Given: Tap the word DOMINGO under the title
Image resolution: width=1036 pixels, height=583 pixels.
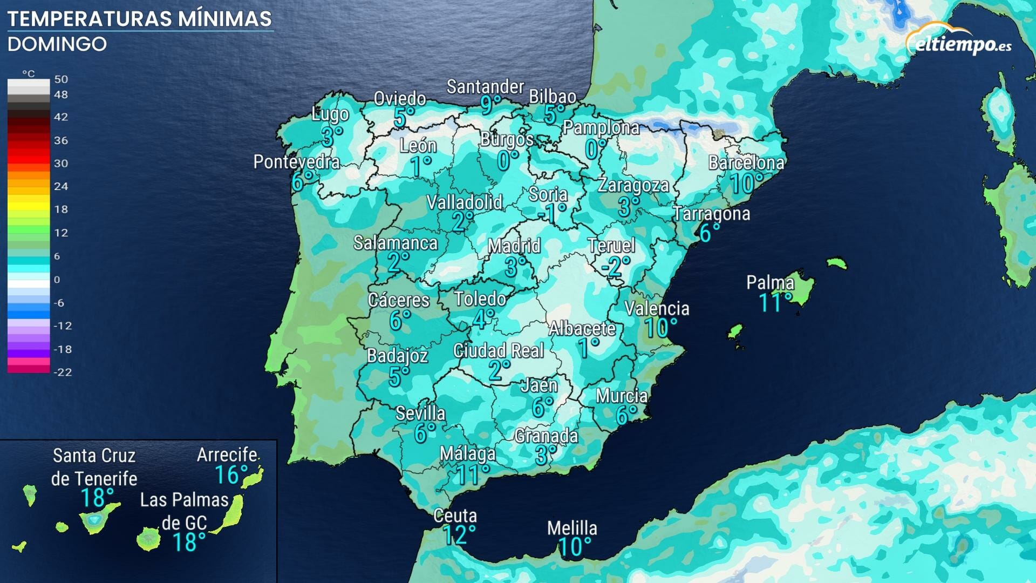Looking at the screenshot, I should (57, 44).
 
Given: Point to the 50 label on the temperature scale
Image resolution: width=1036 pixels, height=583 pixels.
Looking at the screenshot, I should (61, 79).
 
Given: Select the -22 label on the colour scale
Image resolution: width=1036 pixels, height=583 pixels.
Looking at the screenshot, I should (62, 372).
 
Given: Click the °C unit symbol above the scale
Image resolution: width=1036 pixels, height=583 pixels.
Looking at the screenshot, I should (28, 73).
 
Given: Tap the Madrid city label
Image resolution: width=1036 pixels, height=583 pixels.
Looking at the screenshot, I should (514, 246).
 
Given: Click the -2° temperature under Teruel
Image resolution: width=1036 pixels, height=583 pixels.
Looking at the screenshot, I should (615, 266).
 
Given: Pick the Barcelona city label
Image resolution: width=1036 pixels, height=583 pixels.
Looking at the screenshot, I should (746, 162).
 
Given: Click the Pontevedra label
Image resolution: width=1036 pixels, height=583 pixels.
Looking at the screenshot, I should (297, 161).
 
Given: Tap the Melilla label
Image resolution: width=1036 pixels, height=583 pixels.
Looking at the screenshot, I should (572, 528).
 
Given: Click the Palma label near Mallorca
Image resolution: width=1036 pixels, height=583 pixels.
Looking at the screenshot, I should (770, 282).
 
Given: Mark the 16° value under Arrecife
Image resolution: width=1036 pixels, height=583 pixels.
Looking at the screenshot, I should (230, 475).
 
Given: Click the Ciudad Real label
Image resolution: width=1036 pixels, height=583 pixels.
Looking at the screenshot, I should (499, 351).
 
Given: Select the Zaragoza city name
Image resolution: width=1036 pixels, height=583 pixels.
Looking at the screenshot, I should (633, 185).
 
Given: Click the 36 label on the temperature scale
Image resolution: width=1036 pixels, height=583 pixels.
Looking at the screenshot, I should (61, 140).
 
